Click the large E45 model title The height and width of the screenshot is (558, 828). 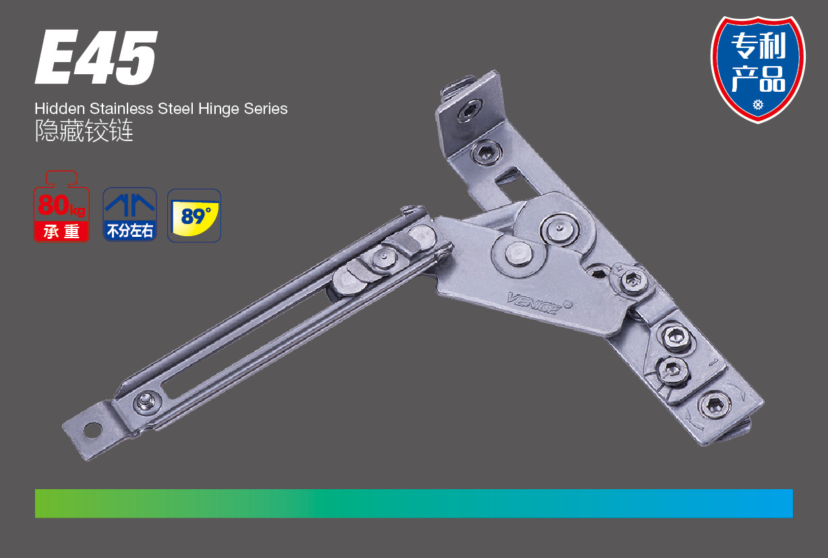tap(96, 57)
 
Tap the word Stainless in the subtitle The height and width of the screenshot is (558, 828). tap(121, 109)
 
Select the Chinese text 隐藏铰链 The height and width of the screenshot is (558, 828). tap(84, 131)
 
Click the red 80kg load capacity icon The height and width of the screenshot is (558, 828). tap(61, 206)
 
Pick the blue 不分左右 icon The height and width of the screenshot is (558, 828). tap(129, 215)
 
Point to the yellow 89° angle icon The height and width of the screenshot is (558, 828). tap(194, 216)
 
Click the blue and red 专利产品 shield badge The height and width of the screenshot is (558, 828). tap(758, 69)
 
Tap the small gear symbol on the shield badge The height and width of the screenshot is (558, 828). tap(758, 105)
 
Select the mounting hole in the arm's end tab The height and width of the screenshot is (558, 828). tap(92, 430)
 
